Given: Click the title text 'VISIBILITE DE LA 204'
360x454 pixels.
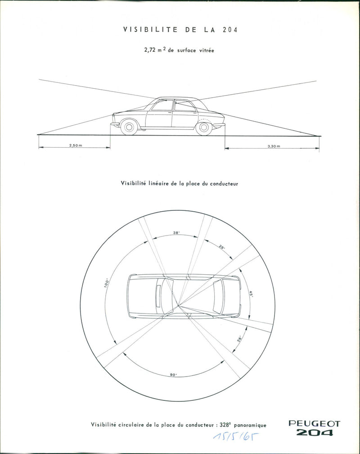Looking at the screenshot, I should click(x=180, y=30).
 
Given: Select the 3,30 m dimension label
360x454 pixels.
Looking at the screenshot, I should click(x=273, y=146).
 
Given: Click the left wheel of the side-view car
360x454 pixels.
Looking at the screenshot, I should click(x=129, y=127).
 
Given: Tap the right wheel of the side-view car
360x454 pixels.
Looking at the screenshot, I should click(x=203, y=127).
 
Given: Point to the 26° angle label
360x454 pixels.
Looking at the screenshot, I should click(x=239, y=339).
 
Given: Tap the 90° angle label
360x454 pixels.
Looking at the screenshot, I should click(x=174, y=375).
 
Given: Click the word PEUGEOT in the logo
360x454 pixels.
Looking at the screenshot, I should click(x=314, y=424).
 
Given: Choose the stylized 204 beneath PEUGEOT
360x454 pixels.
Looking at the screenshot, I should click(x=314, y=433).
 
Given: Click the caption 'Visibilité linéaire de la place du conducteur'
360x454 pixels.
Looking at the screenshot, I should click(x=179, y=183).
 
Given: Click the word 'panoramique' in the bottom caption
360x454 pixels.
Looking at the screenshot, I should click(x=247, y=425).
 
